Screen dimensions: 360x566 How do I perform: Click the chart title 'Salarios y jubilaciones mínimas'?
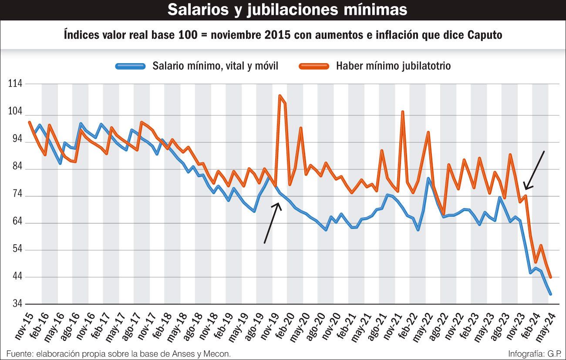[x=287, y=10]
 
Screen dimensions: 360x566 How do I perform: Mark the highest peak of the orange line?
[x=280, y=95]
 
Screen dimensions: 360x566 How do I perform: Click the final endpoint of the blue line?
[x=550, y=294]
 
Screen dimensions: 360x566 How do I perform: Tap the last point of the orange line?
[x=550, y=277]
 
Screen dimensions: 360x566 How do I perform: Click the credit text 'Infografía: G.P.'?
[x=534, y=353]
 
